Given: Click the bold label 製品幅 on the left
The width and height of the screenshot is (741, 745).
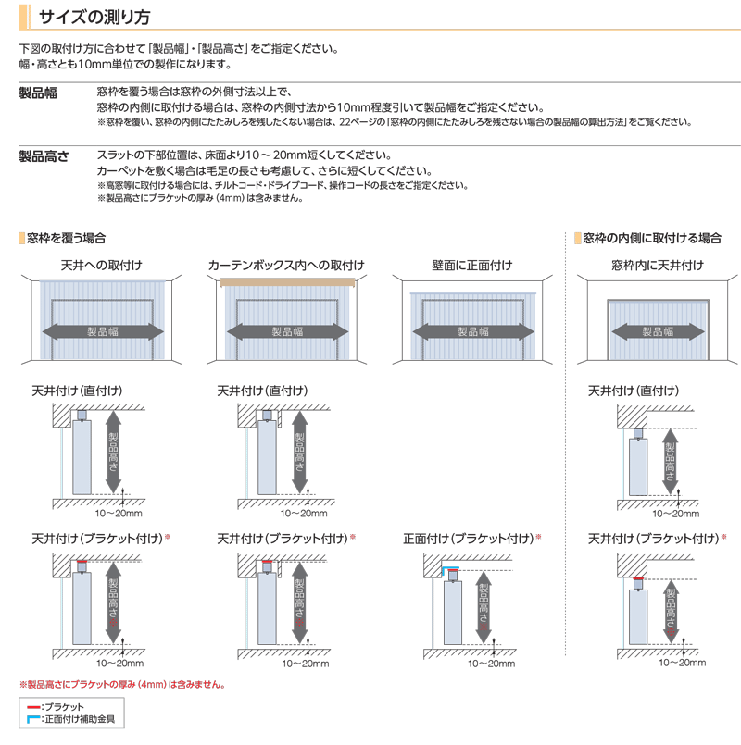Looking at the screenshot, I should (39, 93).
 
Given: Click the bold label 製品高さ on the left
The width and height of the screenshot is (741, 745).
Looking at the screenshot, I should (44, 156).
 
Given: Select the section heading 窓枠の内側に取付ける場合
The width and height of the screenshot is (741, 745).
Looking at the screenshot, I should (652, 238).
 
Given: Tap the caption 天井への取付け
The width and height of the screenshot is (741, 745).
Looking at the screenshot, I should (101, 266).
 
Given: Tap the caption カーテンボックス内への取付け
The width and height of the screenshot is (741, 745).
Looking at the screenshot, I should (286, 266).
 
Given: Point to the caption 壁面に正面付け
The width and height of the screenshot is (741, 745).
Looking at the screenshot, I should (472, 266).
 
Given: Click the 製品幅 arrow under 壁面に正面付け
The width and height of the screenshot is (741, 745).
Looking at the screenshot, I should (472, 331).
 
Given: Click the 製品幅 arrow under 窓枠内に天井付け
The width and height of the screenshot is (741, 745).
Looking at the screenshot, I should (657, 331).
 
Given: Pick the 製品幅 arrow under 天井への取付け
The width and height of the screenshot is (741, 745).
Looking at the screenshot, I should (101, 331).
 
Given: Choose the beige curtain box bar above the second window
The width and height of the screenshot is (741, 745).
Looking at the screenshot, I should (287, 281).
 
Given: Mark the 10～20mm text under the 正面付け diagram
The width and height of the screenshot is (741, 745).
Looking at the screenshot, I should (491, 664).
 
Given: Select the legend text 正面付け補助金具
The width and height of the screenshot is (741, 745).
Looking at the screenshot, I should (79, 718).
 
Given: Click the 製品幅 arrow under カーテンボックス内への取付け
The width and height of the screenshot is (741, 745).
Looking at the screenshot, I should (287, 331).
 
